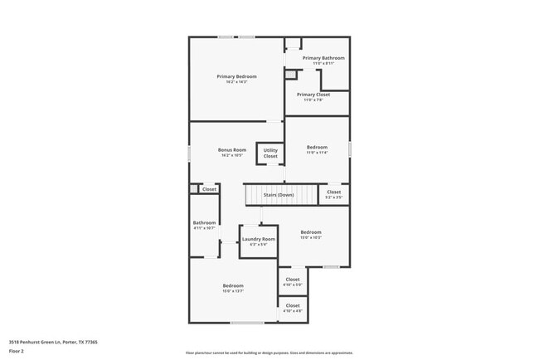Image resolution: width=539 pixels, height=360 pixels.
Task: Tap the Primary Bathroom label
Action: [323, 58]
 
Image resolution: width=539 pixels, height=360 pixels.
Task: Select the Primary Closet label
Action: [313, 95]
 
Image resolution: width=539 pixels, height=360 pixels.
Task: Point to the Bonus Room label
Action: [232, 150]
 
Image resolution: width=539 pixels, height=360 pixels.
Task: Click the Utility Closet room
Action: [270, 153]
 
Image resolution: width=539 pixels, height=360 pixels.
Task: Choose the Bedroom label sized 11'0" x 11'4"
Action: [318, 147]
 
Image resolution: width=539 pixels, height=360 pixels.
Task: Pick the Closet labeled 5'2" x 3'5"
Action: [334, 192]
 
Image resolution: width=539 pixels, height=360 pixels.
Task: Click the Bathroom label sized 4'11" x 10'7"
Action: [205, 222]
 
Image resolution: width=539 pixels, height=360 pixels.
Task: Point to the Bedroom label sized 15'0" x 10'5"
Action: [311, 232]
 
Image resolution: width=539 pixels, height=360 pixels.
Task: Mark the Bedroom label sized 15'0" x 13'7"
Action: [233, 286]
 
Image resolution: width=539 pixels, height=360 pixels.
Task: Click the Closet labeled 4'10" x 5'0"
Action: [293, 280]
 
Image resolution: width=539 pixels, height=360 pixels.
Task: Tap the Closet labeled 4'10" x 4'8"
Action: [293, 306]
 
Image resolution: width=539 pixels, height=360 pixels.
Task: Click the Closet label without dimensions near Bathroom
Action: [209, 189]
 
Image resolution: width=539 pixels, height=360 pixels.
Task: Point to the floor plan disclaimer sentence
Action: [269, 352]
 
